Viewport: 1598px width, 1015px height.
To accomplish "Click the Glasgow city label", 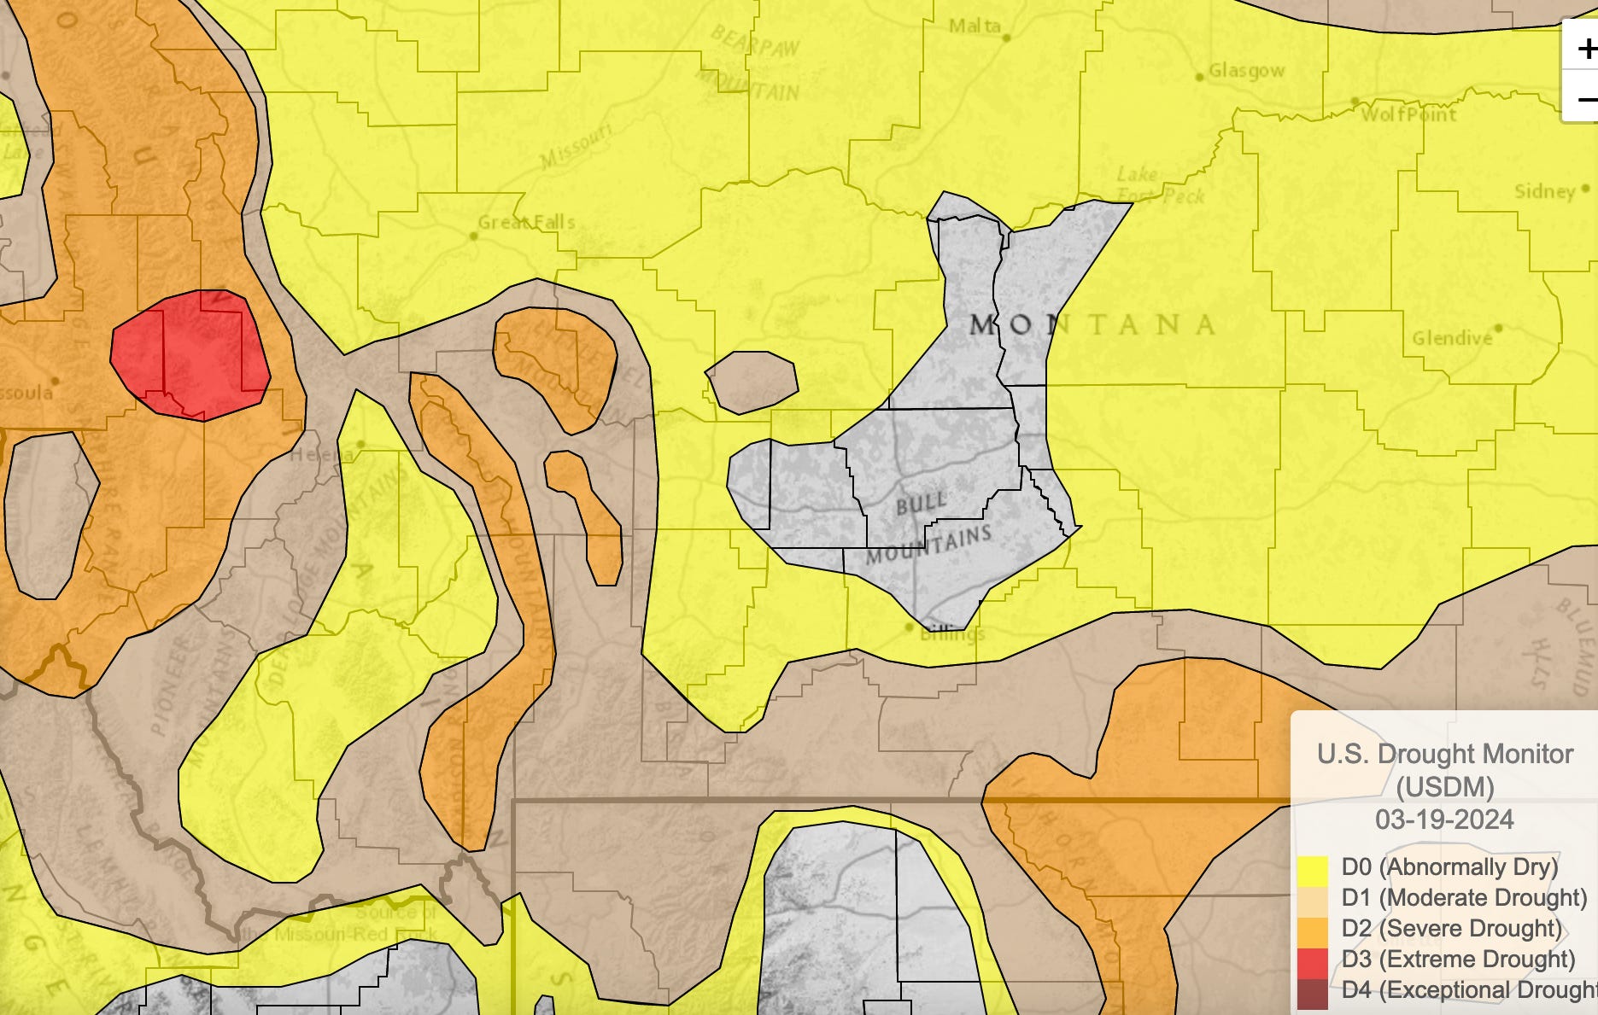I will pos(1246,71).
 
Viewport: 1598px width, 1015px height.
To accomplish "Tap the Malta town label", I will pos(975,26).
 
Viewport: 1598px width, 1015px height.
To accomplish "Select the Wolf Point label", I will pos(1408,114).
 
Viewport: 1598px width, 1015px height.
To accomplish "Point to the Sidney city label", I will pos(1544,191).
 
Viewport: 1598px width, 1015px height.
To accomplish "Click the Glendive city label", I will pos(1452,338).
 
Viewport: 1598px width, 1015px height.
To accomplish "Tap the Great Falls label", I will pos(526,222).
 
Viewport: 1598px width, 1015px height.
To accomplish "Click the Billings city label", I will pos(952,633).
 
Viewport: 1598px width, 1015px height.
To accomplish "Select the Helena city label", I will pos(322,455).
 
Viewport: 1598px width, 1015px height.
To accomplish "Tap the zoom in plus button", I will pos(1585,49).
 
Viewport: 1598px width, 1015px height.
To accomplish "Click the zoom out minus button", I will pos(1585,98).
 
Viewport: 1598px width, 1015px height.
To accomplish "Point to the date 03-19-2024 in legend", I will pos(1444,820).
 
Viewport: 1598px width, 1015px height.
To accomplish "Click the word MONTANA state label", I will pos(1093,324).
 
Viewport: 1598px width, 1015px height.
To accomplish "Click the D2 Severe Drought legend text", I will pos(1452,929).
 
